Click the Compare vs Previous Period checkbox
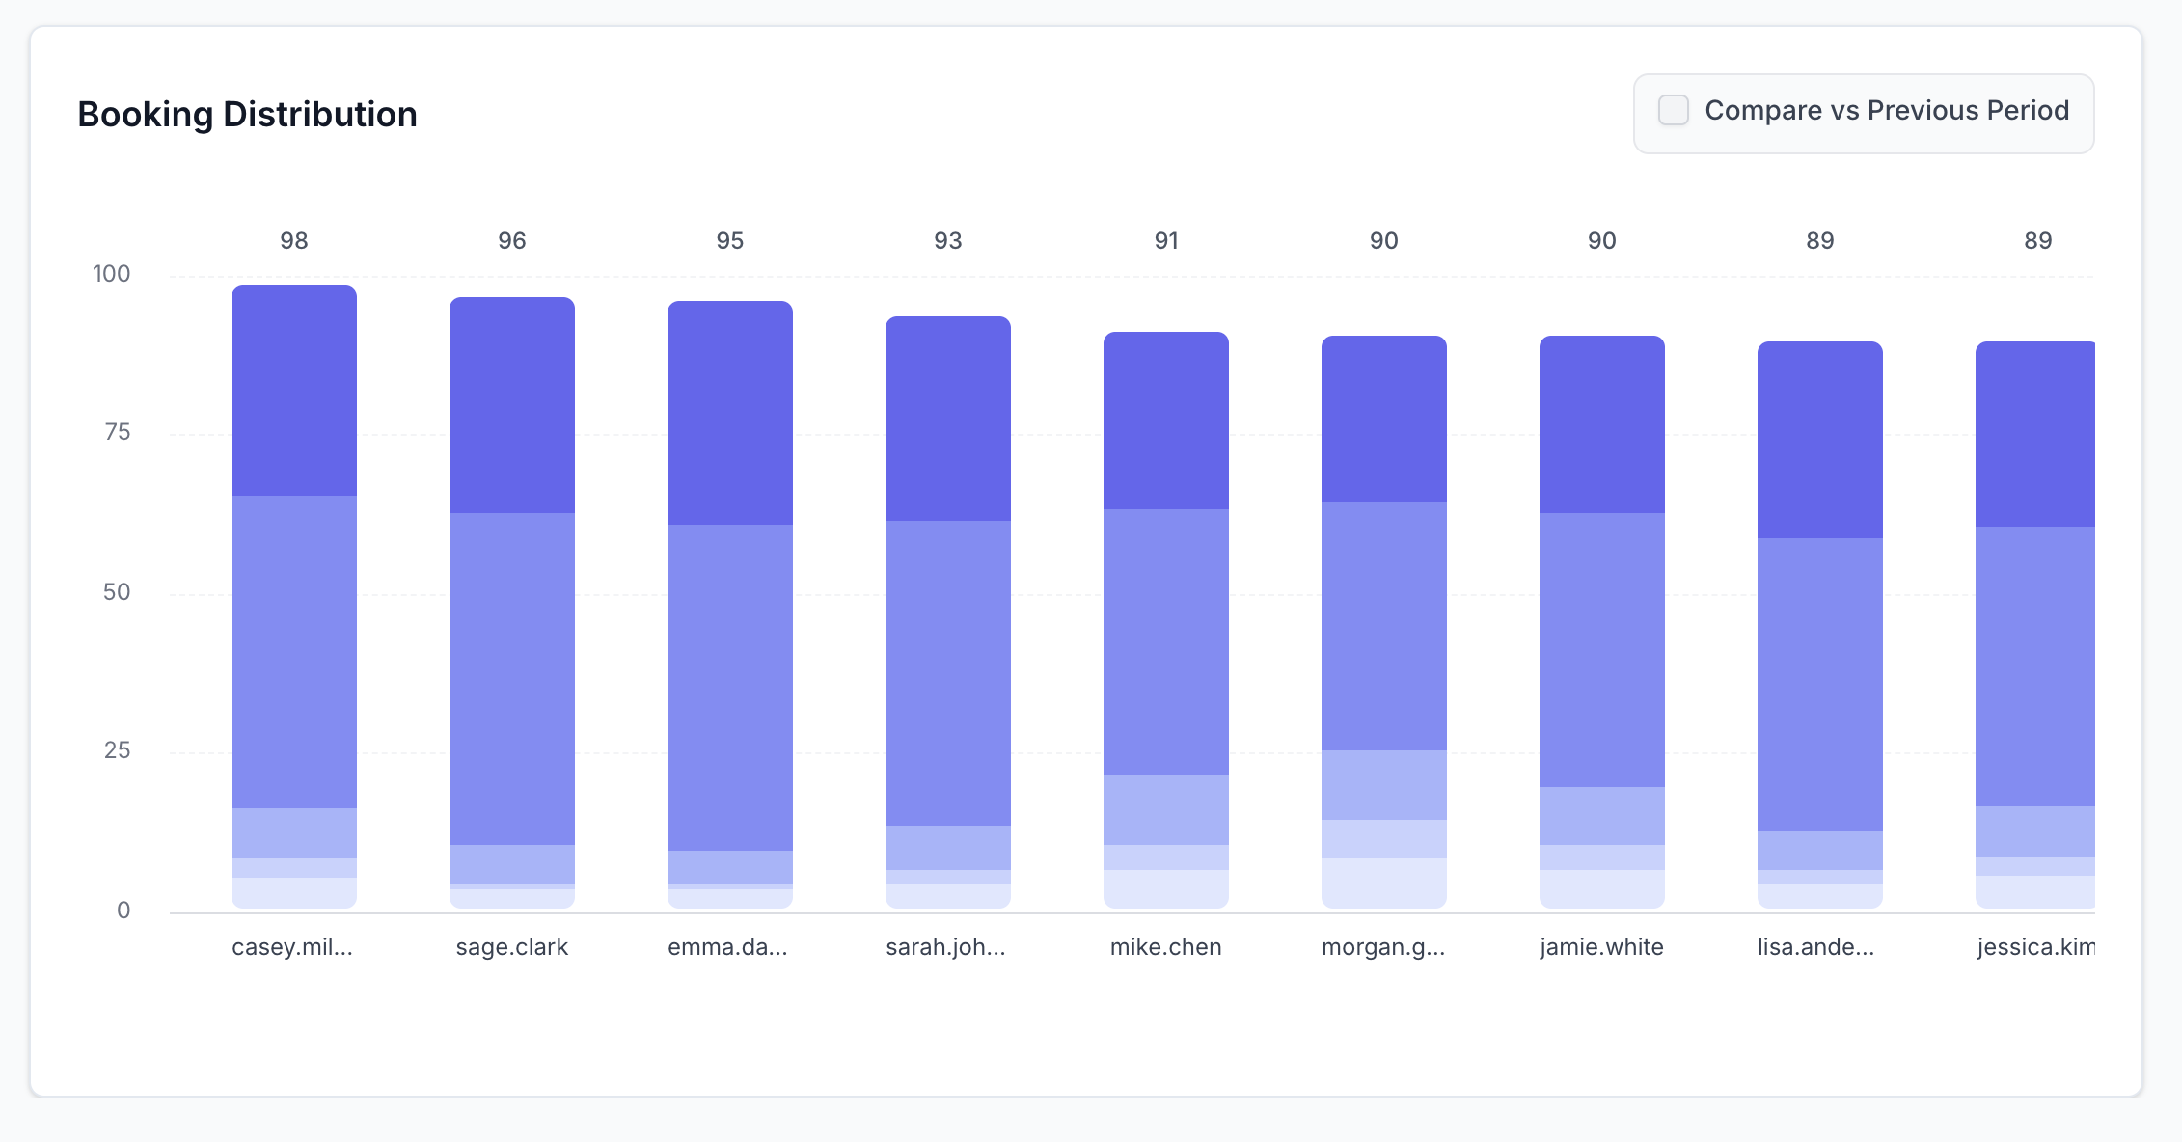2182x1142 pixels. click(1674, 111)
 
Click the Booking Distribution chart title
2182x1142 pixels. click(247, 115)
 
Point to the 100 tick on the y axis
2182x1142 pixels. click(112, 274)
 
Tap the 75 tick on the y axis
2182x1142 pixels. click(117, 432)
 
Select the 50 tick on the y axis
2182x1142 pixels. click(117, 591)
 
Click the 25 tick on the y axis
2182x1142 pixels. click(117, 750)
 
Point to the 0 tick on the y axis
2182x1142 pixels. click(123, 910)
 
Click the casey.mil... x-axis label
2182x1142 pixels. click(292, 947)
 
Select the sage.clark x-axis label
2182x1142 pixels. click(512, 947)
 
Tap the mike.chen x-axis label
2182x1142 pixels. click(1165, 947)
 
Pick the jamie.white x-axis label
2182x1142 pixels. click(1601, 947)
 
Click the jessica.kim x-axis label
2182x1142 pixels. click(2035, 947)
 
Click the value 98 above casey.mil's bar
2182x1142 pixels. click(294, 241)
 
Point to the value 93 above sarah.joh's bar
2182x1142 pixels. click(948, 241)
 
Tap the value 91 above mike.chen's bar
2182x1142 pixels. click(1166, 241)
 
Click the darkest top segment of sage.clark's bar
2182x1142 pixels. click(512, 405)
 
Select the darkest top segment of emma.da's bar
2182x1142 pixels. click(730, 413)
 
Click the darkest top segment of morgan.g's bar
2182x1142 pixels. click(1384, 419)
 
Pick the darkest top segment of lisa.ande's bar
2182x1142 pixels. click(1820, 440)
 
